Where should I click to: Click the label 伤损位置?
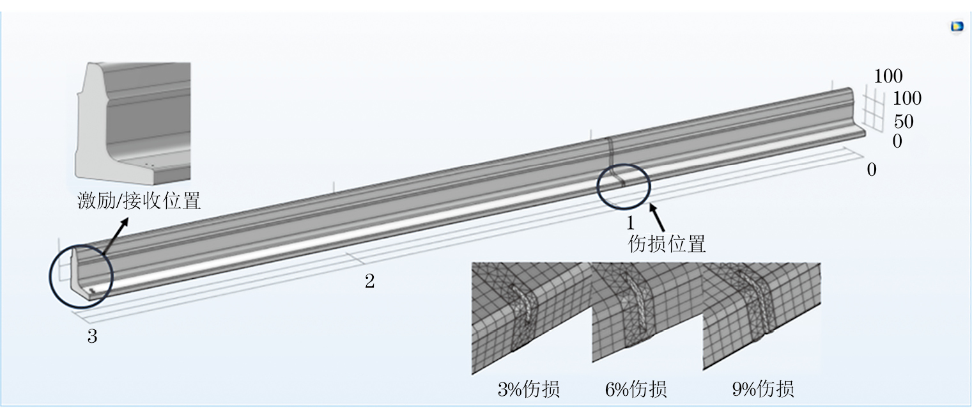tap(667, 244)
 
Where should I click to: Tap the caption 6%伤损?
tap(635, 389)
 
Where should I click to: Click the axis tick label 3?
tap(92, 337)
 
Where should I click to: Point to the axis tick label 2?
tap(369, 281)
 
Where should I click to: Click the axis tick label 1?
tap(630, 223)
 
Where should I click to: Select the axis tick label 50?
tap(903, 122)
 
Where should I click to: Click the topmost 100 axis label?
tap(888, 77)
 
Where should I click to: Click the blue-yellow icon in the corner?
tap(957, 27)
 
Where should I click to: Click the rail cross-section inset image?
tap(133, 119)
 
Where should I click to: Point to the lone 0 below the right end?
tap(871, 169)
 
